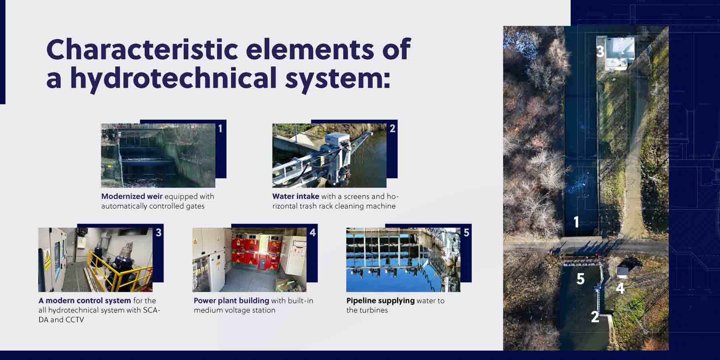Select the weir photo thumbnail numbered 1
point(158,156)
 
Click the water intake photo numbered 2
point(329,156)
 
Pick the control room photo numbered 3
point(95,260)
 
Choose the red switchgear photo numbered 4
point(249,260)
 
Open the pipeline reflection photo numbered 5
point(403,260)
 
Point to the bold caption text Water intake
point(296,196)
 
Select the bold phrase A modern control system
point(85,300)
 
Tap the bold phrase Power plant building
point(231,300)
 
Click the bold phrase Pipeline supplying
point(380,300)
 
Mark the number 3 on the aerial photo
point(600,51)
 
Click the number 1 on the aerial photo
point(576,222)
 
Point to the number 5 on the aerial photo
point(580,279)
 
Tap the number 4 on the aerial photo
point(620,288)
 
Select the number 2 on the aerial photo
point(595,317)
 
